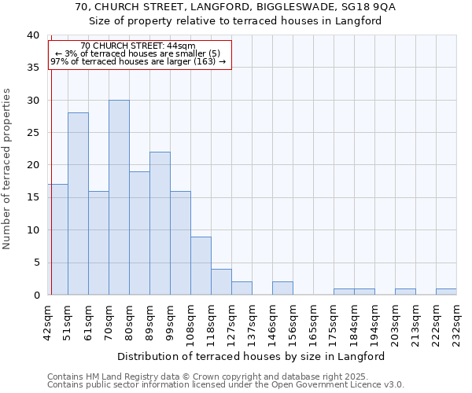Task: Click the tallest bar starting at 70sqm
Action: click(119, 197)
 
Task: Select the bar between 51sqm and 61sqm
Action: click(78, 204)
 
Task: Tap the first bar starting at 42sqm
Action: click(57, 239)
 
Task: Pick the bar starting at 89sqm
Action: click(160, 223)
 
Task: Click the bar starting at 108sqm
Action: click(201, 266)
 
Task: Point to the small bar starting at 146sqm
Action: click(282, 288)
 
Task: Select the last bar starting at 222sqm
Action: click(446, 292)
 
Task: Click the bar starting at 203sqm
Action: click(405, 292)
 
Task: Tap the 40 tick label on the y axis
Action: click(32, 35)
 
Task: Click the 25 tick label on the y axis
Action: click(32, 133)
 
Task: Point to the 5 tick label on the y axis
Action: click(35, 263)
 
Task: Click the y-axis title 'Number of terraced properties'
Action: click(7, 168)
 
